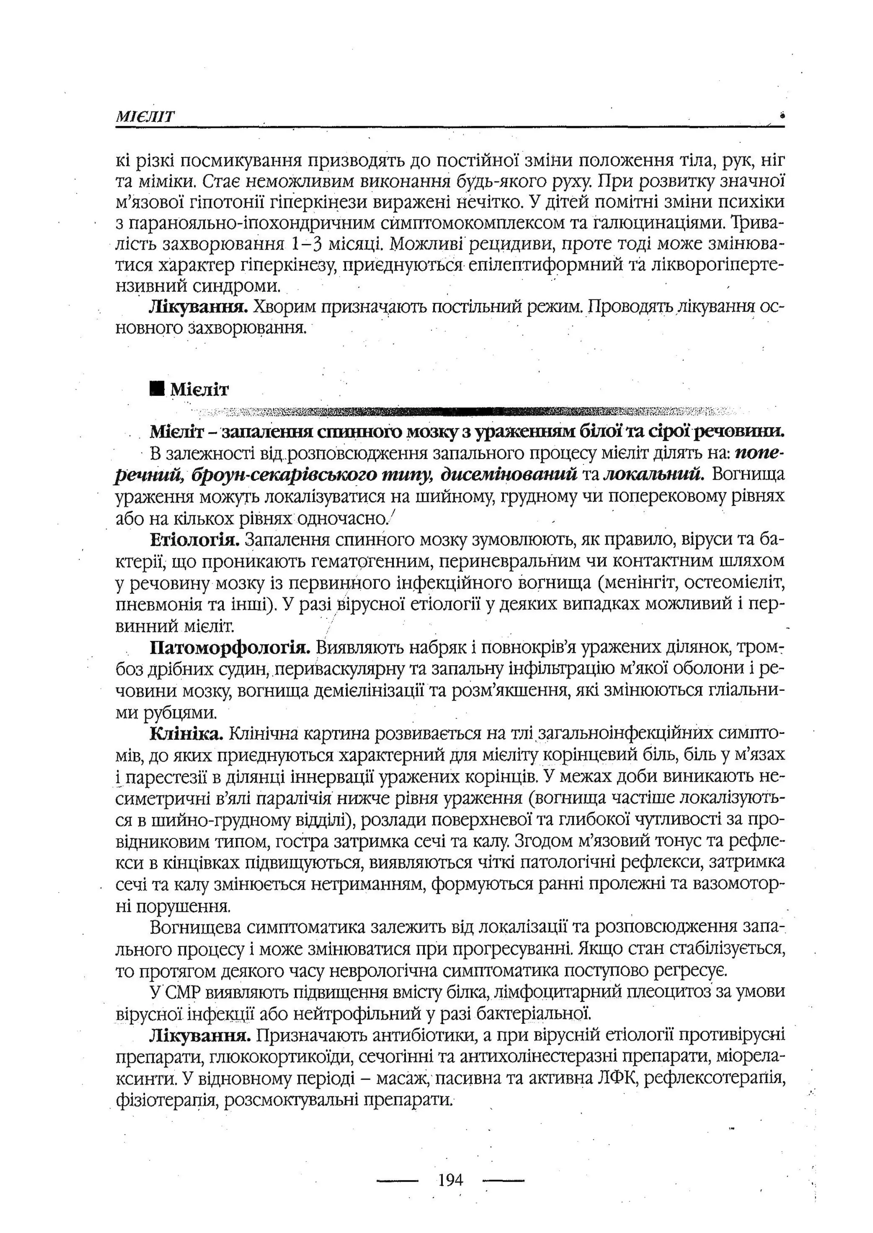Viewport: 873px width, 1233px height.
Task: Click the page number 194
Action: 450,1180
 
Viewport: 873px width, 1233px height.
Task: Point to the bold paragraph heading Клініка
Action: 187,733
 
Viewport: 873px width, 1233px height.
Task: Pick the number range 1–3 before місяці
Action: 306,245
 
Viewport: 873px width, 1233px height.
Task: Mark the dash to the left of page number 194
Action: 398,1180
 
